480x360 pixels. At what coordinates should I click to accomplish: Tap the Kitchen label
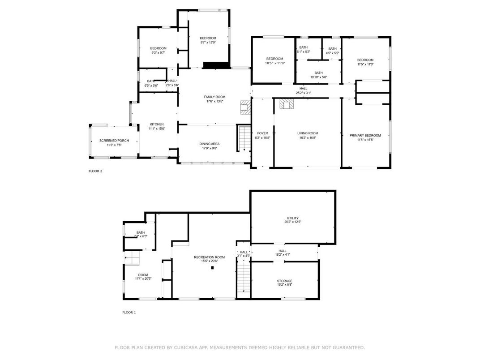pos(157,124)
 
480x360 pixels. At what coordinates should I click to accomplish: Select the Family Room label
pos(214,97)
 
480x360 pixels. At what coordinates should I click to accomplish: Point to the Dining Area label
pos(209,144)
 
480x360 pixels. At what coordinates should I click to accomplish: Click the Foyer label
pos(262,133)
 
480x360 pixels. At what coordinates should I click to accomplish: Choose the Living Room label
pos(308,133)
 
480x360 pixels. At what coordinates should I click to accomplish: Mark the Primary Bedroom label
pos(365,135)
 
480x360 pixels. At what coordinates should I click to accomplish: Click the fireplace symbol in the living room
pos(286,104)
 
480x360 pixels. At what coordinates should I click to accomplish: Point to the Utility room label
pos(292,218)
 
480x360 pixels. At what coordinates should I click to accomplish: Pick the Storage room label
pos(284,281)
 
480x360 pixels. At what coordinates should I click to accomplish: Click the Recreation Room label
pos(209,257)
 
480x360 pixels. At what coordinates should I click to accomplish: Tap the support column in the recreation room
pos(213,268)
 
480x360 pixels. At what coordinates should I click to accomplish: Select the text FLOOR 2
pos(95,171)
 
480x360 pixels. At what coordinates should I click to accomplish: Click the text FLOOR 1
pos(129,312)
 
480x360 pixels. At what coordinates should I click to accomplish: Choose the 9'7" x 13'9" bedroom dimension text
pos(208,43)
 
